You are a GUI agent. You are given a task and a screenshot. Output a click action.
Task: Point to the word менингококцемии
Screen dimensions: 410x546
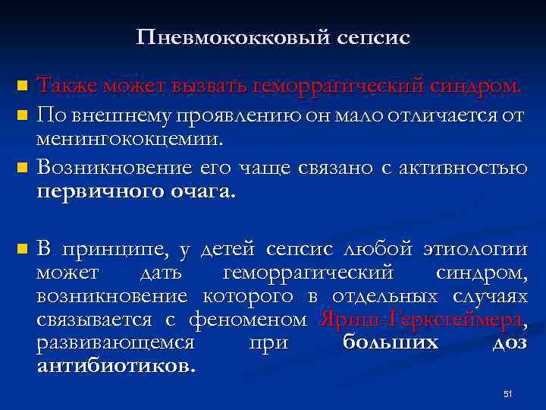130,139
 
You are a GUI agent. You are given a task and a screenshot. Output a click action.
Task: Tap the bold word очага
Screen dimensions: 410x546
201,191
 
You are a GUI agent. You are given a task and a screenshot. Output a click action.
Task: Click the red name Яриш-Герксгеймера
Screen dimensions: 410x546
420,320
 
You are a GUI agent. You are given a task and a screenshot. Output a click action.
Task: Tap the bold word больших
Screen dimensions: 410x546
390,342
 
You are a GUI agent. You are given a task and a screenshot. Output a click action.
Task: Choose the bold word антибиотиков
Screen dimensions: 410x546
115,365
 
